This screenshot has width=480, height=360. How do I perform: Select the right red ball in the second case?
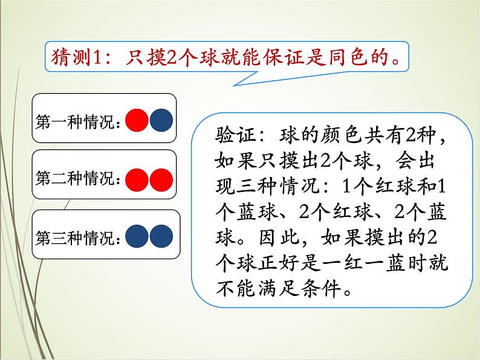pyautogui.click(x=161, y=179)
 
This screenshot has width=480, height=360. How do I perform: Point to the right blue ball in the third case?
pyautogui.click(x=161, y=236)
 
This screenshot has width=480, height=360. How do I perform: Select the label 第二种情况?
pyautogui.click(x=78, y=179)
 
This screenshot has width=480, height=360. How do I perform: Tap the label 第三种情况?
pyautogui.click(x=78, y=237)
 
